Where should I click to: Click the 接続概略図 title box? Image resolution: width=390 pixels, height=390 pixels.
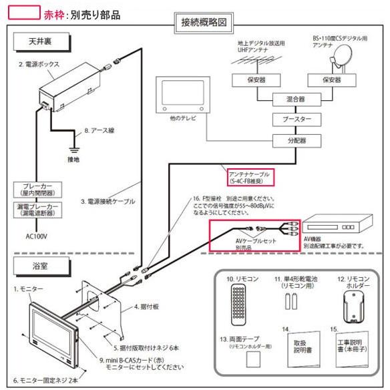click(203, 21)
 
